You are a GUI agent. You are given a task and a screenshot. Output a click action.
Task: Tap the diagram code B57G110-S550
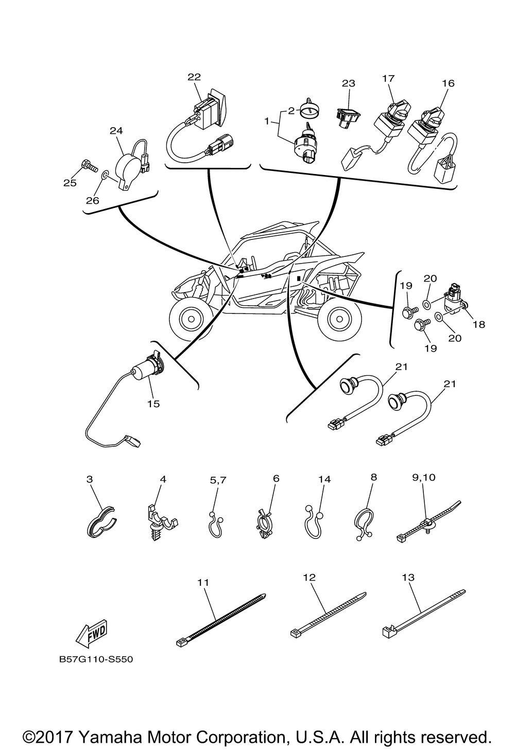[96, 659]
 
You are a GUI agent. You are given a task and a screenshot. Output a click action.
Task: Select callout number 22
[194, 77]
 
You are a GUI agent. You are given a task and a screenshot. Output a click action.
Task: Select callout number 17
[388, 78]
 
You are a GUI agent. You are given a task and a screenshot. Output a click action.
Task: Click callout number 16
[448, 83]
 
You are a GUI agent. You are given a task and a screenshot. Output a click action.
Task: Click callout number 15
[153, 404]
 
